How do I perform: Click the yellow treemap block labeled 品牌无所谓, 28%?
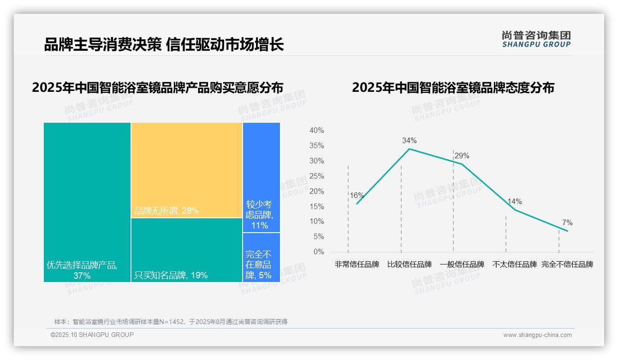point(187,170)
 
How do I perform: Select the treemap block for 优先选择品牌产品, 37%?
point(87,202)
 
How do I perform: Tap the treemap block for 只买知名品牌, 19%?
point(187,250)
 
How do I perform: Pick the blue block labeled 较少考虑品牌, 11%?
point(261,177)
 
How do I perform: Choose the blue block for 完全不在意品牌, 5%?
point(261,257)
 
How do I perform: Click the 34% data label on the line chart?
point(409,140)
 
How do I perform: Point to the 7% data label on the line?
point(567,223)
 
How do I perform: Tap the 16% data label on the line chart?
point(357,195)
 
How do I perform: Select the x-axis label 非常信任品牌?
point(357,264)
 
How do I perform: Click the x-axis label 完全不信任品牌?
point(567,264)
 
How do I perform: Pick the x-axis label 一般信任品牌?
point(462,264)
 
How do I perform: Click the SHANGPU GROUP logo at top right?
point(536,39)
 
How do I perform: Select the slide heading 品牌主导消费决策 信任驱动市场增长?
point(164,45)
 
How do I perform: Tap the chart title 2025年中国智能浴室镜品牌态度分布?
point(453,88)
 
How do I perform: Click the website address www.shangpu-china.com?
point(537,335)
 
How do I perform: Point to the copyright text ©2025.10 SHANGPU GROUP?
point(92,335)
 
